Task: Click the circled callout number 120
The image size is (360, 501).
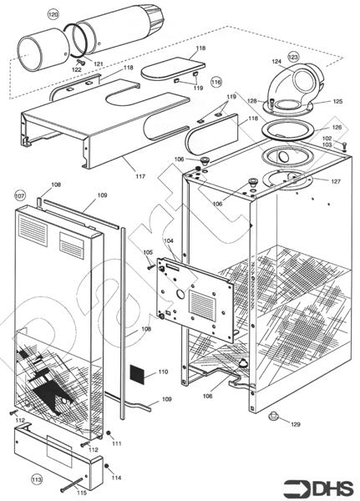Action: (x=53, y=15)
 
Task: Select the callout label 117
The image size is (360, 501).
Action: (x=139, y=176)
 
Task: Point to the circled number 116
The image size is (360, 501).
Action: (x=216, y=82)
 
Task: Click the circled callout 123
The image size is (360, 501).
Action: (x=293, y=57)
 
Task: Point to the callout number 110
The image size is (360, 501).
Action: (x=163, y=371)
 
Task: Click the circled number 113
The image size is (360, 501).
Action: (x=36, y=480)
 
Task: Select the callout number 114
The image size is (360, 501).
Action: (x=116, y=478)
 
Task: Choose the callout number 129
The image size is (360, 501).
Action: (x=295, y=425)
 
